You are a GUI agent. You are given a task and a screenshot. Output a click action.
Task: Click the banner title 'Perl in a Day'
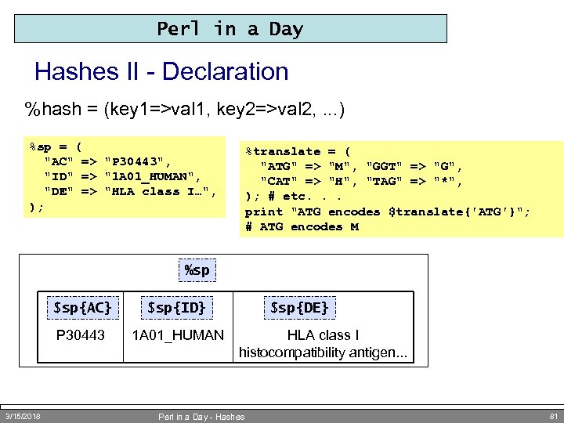pyautogui.click(x=230, y=29)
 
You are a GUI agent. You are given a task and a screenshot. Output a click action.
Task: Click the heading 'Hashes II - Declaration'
pyautogui.click(x=161, y=72)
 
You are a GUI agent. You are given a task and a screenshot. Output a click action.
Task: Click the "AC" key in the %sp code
pyautogui.click(x=60, y=161)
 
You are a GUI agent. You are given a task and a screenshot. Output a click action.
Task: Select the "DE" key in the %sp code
pyautogui.click(x=60, y=191)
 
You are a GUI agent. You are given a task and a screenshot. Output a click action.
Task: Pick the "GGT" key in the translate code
pyautogui.click(x=385, y=166)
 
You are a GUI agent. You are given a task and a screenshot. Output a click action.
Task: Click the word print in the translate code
pyautogui.click(x=264, y=211)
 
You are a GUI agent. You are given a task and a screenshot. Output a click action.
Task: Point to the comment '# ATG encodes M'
pyautogui.click(x=302, y=226)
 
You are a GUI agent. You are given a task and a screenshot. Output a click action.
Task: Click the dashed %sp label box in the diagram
pyautogui.click(x=197, y=270)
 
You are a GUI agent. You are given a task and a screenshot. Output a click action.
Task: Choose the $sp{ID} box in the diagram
pyautogui.click(x=177, y=307)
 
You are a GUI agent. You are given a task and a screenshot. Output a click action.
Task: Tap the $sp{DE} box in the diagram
pyautogui.click(x=299, y=307)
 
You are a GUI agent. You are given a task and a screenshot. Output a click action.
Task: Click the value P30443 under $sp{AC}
pyautogui.click(x=81, y=335)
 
